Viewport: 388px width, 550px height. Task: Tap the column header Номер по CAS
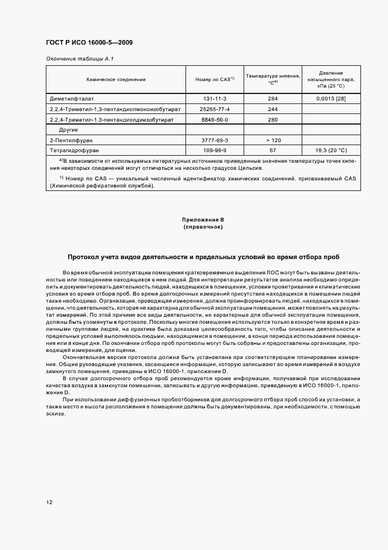214,79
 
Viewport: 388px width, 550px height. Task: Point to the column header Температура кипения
272,79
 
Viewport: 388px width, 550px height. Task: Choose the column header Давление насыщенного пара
331,79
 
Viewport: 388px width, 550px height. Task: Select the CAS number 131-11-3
214,99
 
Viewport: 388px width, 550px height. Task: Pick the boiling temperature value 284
272,99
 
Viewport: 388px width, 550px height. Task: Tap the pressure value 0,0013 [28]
331,99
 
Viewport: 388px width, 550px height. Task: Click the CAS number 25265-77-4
214,109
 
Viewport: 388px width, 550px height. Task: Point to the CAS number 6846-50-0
214,120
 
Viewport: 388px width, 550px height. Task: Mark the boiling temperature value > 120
272,140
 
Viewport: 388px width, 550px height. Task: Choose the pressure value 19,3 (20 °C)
331,150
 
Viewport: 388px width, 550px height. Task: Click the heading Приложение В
203,220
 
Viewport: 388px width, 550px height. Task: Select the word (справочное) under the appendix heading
203,227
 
